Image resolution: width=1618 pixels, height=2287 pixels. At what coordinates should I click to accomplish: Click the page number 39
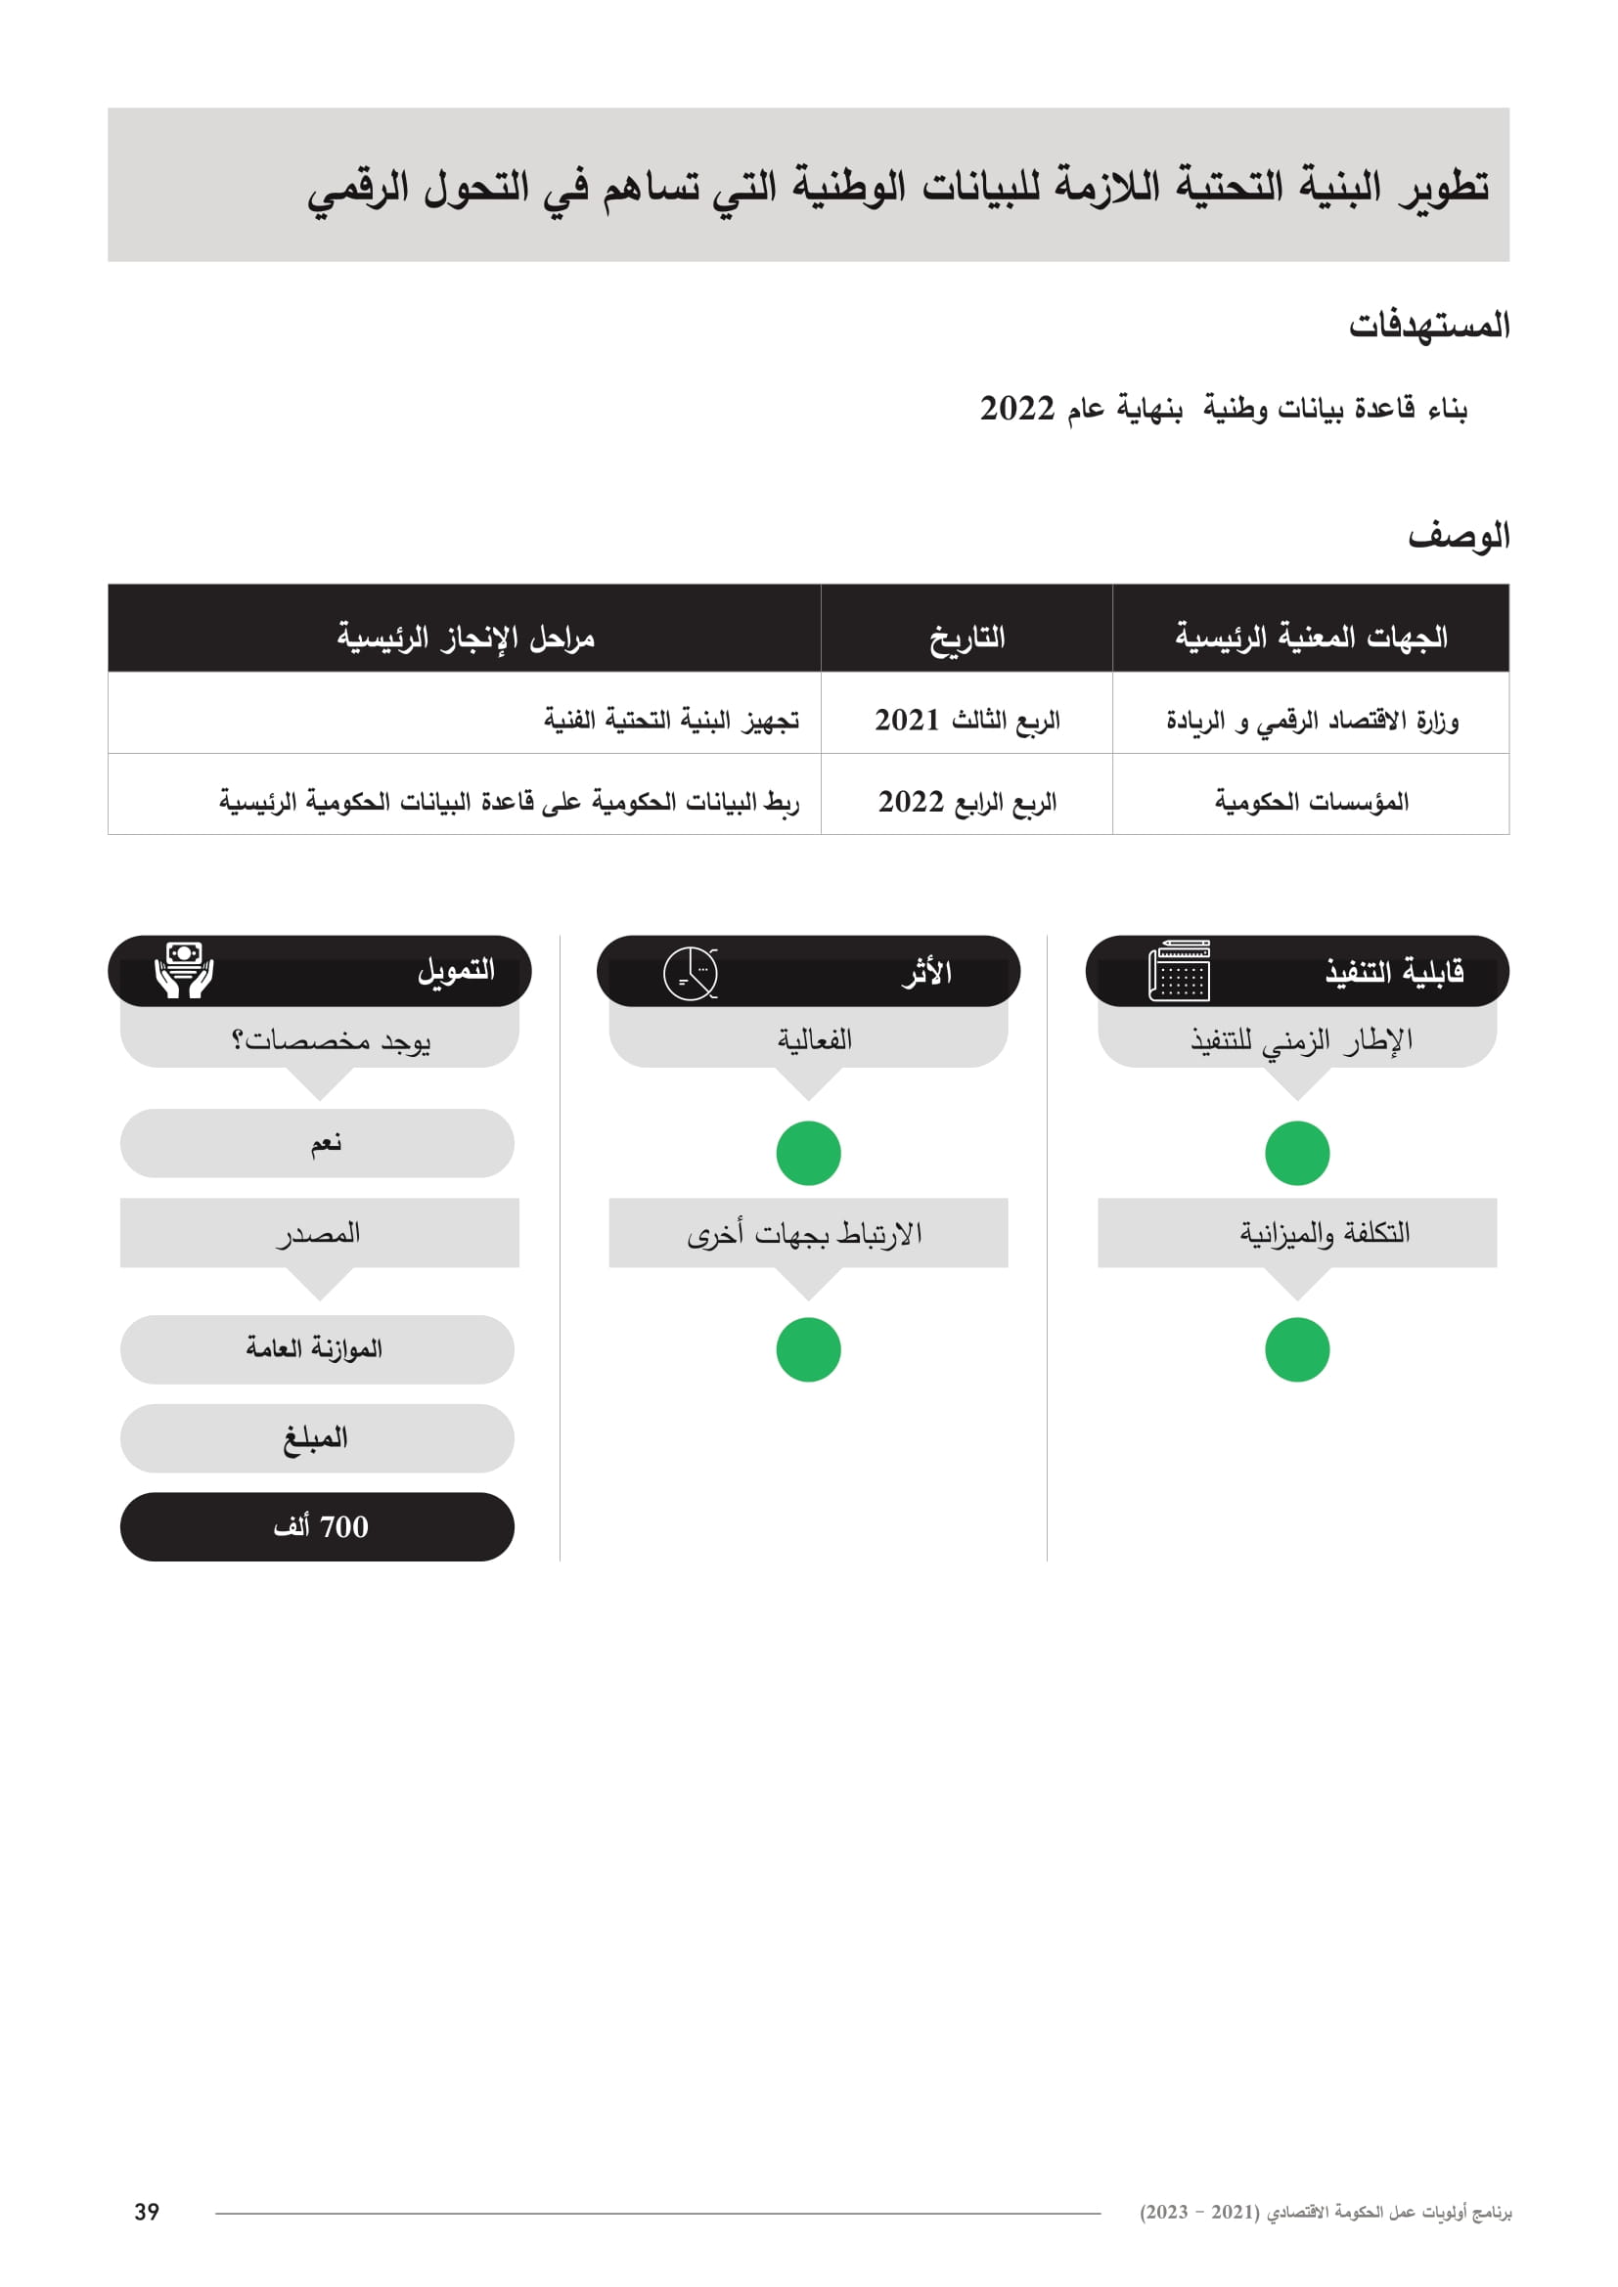(x=147, y=2212)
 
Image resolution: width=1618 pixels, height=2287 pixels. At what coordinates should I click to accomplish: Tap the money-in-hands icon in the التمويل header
(x=184, y=969)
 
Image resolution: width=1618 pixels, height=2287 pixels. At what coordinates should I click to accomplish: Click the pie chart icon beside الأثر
(x=691, y=973)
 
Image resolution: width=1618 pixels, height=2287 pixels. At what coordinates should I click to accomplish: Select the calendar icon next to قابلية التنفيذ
(x=1179, y=970)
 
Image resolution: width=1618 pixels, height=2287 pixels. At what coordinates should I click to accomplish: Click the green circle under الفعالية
(x=808, y=1154)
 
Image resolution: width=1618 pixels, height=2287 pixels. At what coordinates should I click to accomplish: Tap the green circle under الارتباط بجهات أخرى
(x=808, y=1349)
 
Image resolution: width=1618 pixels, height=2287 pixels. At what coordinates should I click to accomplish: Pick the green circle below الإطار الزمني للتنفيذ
(x=1296, y=1154)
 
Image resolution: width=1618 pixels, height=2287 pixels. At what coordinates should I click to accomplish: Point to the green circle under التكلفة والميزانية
(x=1296, y=1349)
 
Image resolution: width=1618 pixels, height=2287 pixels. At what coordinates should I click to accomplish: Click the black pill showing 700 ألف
(x=317, y=1526)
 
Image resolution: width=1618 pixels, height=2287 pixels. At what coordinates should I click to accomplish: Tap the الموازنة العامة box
(x=317, y=1348)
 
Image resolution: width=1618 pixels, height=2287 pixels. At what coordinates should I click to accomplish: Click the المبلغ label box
(x=317, y=1437)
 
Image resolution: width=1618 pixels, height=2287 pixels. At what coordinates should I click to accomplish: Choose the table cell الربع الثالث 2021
(x=966, y=720)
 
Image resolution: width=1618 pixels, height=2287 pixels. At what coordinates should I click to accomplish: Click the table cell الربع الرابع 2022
(x=966, y=801)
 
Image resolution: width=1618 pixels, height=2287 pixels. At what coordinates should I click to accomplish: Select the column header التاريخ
(x=966, y=637)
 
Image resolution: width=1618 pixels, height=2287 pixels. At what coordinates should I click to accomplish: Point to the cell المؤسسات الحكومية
(x=1310, y=801)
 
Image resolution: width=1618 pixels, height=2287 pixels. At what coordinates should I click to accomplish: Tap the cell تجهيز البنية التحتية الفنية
(x=670, y=720)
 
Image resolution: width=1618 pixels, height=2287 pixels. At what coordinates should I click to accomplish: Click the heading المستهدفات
(x=1428, y=325)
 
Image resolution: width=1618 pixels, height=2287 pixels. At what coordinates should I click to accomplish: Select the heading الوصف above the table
(x=1458, y=536)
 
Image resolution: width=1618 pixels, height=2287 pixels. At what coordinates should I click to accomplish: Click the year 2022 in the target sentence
(x=1016, y=409)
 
